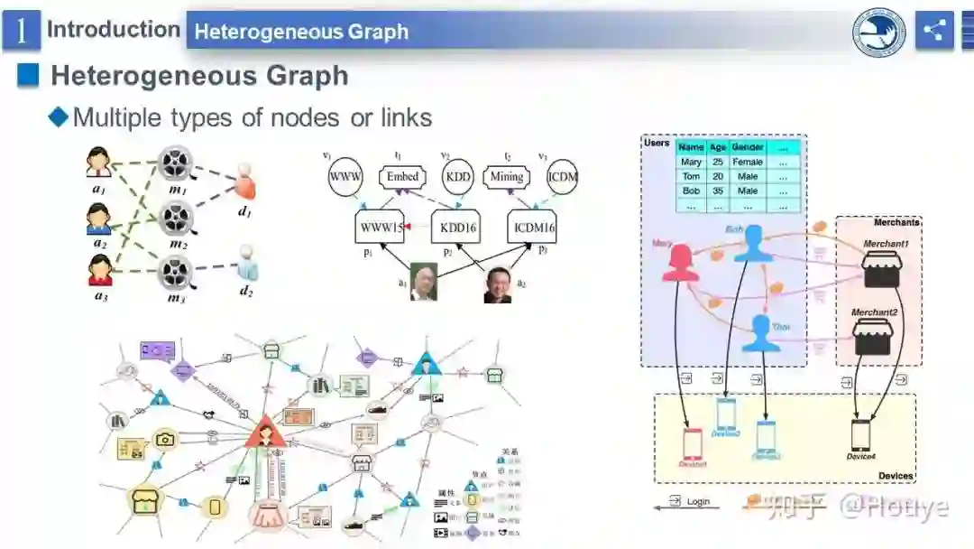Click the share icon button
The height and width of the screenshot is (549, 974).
pos(934,31)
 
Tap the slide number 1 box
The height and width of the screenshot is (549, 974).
pos(21,31)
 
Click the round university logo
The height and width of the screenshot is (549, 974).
pos(878,33)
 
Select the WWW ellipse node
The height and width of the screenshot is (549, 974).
pos(345,176)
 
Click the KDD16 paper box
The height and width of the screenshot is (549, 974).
pos(458,228)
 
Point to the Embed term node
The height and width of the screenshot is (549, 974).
pos(402,177)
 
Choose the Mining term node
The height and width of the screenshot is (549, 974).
pos(506,177)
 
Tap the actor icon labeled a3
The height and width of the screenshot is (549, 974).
pos(99,269)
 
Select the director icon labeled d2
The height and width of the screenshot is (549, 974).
pos(246,264)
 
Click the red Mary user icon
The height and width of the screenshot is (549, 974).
pos(683,263)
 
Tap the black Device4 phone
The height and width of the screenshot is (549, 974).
pos(861,436)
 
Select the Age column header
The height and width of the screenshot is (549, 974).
pos(718,147)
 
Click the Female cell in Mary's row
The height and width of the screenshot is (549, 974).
pos(748,163)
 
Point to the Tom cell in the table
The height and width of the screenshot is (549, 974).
pos(691,177)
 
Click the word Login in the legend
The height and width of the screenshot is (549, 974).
pos(698,501)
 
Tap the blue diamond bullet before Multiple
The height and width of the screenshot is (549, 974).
pos(59,116)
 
